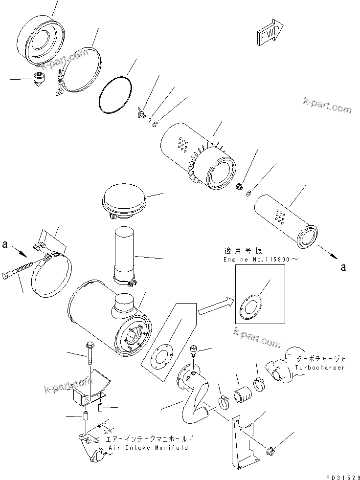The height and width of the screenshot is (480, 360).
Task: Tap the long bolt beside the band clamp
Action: point(20,272)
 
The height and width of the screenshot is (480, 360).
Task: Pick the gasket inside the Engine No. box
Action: point(254,307)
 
